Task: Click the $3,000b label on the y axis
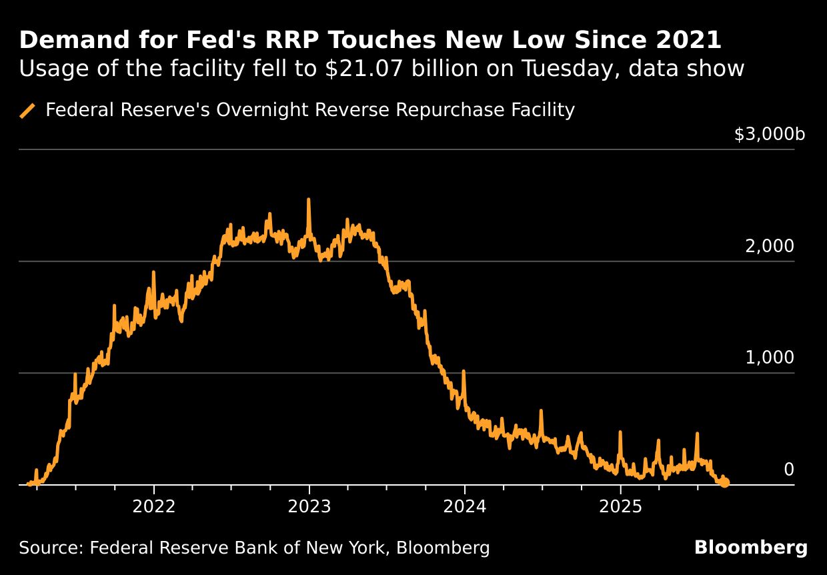point(769,135)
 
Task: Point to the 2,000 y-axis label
point(769,247)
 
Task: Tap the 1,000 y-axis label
point(769,358)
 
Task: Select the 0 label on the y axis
point(788,470)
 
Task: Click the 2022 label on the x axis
point(154,507)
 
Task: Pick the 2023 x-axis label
point(309,507)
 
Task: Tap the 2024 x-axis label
point(465,507)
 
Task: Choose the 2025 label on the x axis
point(620,507)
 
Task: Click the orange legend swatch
point(27,111)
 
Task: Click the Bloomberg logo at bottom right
point(750,548)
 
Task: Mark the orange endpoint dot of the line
point(724,482)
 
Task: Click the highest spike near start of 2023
point(308,200)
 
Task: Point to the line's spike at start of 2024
point(464,372)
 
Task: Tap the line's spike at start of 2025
point(620,433)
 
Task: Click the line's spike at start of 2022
point(153,273)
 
